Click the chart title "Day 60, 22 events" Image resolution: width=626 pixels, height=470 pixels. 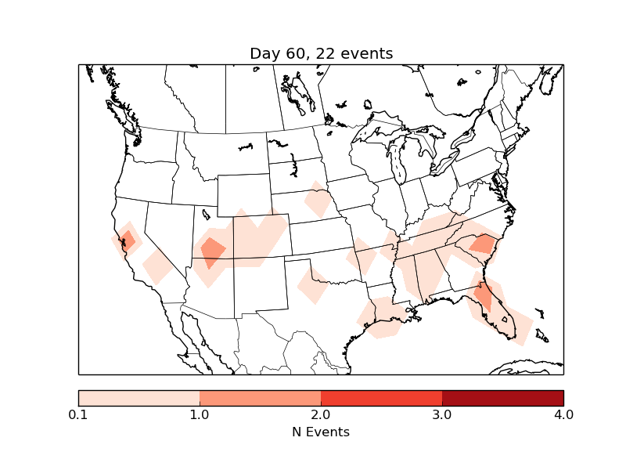[x=321, y=53]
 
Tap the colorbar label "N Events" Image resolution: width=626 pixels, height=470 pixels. [x=321, y=432]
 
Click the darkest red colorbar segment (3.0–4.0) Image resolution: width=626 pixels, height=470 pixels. [x=502, y=398]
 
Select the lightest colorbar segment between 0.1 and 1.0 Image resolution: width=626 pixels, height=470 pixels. [x=139, y=398]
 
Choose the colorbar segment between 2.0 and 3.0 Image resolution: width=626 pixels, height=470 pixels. [x=381, y=398]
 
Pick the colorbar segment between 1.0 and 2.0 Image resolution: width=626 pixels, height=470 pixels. [x=260, y=398]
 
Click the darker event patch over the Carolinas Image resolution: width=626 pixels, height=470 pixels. [x=484, y=244]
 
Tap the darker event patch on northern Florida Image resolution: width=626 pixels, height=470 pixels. [x=484, y=296]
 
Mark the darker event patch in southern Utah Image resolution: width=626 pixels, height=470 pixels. [x=212, y=251]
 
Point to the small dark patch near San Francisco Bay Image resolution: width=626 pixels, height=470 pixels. [x=128, y=240]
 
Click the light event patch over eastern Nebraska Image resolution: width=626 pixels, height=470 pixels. [x=317, y=201]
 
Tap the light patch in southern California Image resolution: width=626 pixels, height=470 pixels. [x=157, y=266]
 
